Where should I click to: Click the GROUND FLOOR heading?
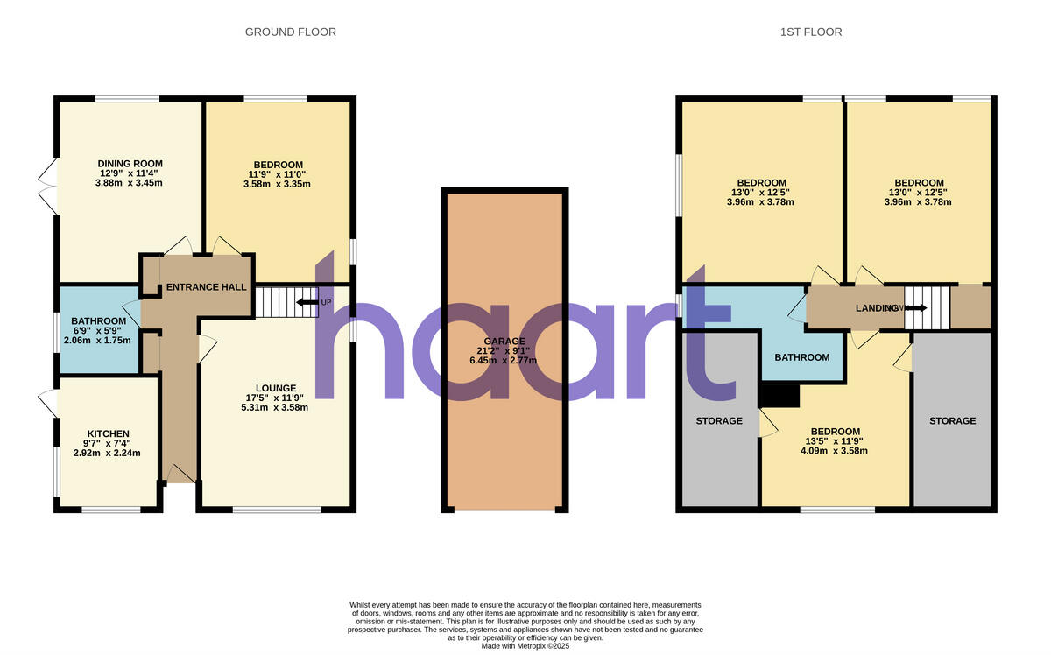tap(290, 32)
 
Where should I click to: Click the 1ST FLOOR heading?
tap(810, 32)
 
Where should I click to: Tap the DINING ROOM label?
tap(130, 164)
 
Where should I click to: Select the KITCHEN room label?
tap(108, 433)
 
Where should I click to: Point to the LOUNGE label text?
tap(276, 388)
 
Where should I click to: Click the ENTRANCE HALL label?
tap(207, 287)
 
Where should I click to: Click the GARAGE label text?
tap(504, 342)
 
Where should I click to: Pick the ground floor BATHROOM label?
tap(99, 320)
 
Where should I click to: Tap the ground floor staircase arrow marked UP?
tap(307, 303)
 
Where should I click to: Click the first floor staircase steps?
tap(927, 307)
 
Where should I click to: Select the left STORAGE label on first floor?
tap(719, 421)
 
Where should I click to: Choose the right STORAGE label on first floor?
tap(952, 421)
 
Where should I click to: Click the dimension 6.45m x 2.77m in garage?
tap(504, 361)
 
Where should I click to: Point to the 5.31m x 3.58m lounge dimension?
tap(276, 407)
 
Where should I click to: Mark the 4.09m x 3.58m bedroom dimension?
tap(834, 452)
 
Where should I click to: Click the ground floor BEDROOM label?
tap(278, 165)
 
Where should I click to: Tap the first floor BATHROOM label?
tap(802, 357)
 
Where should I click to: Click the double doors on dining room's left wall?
tap(48, 186)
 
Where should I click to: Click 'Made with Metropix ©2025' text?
tap(525, 646)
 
